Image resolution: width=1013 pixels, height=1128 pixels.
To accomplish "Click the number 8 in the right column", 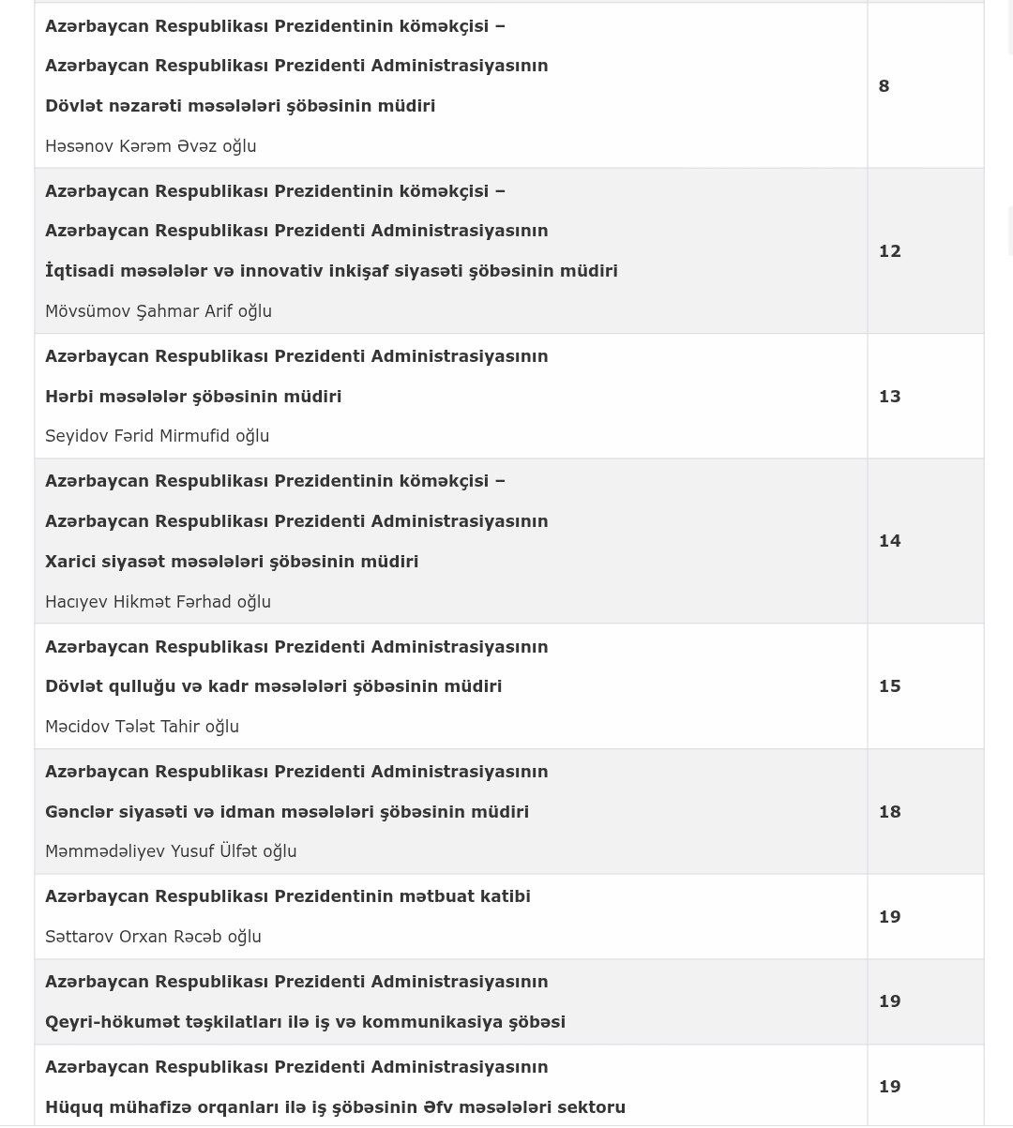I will pyautogui.click(x=884, y=86).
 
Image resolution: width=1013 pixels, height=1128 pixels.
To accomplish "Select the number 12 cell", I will pyautogui.click(x=889, y=251).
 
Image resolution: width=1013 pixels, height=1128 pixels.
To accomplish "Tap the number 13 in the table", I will pyautogui.click(x=889, y=397).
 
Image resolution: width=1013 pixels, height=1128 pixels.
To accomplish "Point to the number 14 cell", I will pyautogui.click(x=889, y=541).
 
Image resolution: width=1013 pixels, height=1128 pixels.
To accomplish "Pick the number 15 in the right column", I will pyautogui.click(x=889, y=686).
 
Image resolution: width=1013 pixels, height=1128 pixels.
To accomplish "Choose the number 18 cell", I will pyautogui.click(x=889, y=812).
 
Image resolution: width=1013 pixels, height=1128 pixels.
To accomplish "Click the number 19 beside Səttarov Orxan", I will pyautogui.click(x=889, y=917).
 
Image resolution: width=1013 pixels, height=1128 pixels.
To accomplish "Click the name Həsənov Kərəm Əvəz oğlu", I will pyautogui.click(x=150, y=146).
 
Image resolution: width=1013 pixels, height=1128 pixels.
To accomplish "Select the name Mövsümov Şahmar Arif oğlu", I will pyautogui.click(x=159, y=311).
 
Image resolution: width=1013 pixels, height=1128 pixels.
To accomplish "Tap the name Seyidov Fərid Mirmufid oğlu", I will pyautogui.click(x=157, y=436).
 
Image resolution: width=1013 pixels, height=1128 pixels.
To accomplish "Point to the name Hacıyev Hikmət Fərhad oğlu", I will pyautogui.click(x=158, y=602).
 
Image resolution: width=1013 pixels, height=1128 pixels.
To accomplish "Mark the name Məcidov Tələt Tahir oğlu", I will pyautogui.click(x=142, y=727).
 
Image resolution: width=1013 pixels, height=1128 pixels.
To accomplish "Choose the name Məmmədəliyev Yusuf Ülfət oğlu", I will pyautogui.click(x=171, y=851).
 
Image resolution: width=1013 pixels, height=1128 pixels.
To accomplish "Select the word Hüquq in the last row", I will pyautogui.click(x=72, y=1107).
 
